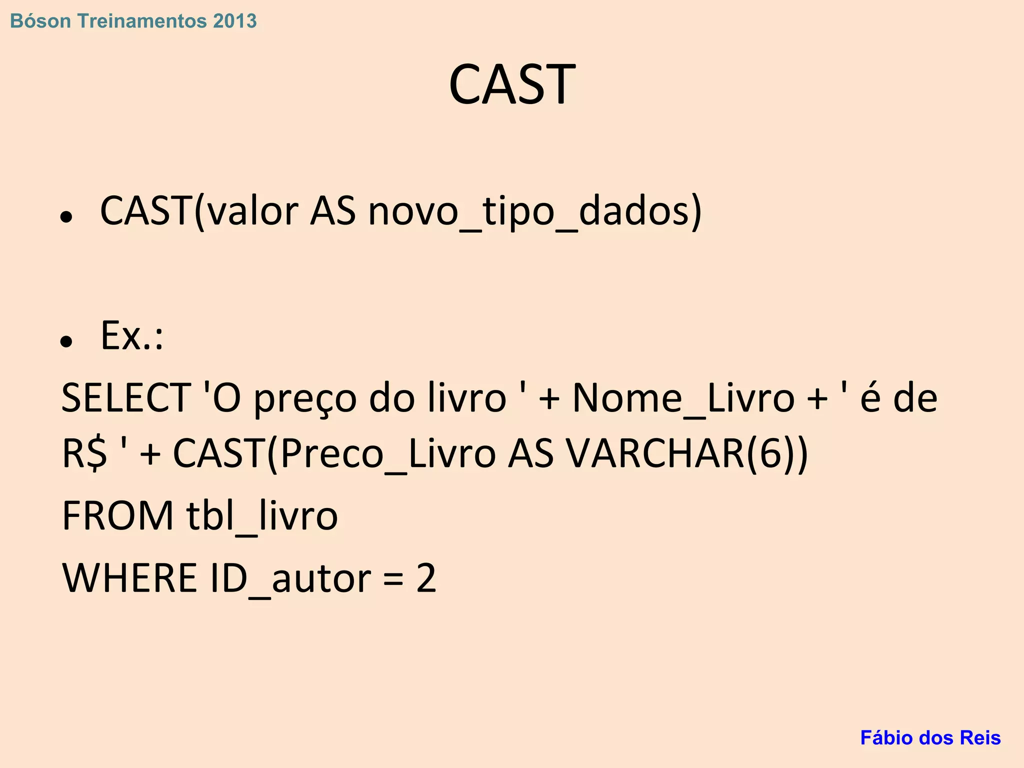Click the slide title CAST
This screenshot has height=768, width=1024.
coord(511,84)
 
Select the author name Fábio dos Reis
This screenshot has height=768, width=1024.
coord(930,737)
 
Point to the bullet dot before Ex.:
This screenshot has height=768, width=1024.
coord(66,341)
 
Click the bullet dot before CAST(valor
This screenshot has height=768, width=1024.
coord(66,217)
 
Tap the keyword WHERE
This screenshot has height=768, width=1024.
coord(129,578)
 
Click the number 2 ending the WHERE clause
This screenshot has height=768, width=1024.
coord(426,578)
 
